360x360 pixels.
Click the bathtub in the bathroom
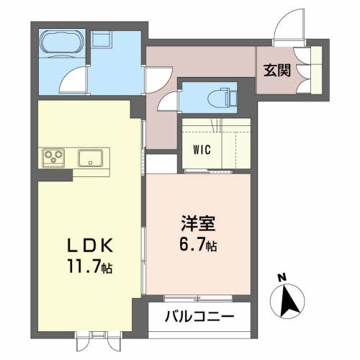pyautogui.click(x=62, y=43)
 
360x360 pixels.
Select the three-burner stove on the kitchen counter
pyautogui.click(x=53, y=158)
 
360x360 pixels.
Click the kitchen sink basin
pyautogui.click(x=90, y=158)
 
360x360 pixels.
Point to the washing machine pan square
pyautogui.click(x=101, y=40)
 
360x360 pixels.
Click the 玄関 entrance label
pyautogui.click(x=277, y=70)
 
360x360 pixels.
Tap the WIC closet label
pyautogui.click(x=202, y=150)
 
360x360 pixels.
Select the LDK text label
pyautogui.click(x=90, y=246)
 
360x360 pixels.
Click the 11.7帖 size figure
pyautogui.click(x=90, y=266)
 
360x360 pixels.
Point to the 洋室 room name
pyautogui.click(x=198, y=223)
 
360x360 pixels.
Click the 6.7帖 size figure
pyautogui.click(x=198, y=245)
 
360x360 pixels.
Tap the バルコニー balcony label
pyautogui.click(x=199, y=316)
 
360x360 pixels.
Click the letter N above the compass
pyautogui.click(x=282, y=277)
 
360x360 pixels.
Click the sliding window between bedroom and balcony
pyautogui.click(x=198, y=299)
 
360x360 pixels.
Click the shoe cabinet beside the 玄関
pyautogui.click(x=316, y=70)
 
